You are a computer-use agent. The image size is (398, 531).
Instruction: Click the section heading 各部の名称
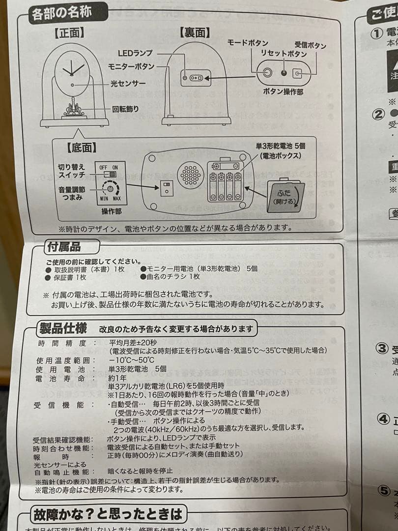pos(61,13)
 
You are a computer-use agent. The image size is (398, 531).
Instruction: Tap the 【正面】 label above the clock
pos(69,33)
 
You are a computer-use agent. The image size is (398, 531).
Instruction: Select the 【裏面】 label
pos(196,32)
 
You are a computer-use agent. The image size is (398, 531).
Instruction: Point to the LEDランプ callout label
pos(136,53)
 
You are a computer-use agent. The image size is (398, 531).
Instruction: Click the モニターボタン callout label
pos(131,66)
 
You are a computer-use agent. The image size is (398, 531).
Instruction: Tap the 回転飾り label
pos(126,109)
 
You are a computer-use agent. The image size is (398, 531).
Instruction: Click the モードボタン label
pos(248,43)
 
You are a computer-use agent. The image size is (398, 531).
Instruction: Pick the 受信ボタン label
pos(310,45)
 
